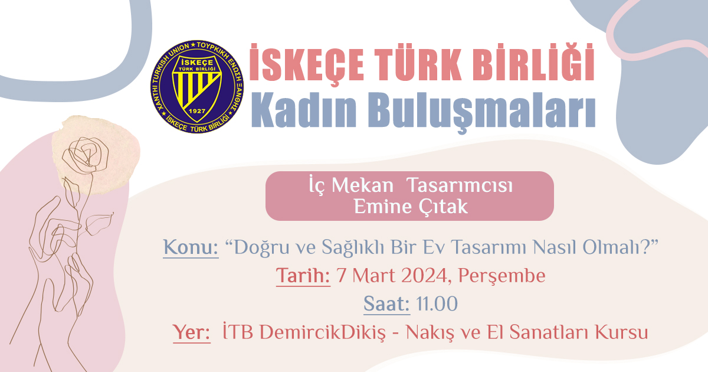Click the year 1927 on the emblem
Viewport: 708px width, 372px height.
click(196, 111)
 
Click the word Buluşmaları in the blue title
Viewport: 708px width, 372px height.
click(481, 113)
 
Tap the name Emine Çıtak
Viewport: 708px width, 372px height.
click(411, 207)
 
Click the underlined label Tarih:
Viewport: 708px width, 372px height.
click(303, 275)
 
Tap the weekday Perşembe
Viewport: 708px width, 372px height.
click(501, 276)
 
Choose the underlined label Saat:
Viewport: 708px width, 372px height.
click(386, 304)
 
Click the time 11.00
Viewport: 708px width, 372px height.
click(437, 304)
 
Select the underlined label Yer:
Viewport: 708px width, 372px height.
click(192, 332)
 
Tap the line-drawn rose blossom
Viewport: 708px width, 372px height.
click(86, 155)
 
